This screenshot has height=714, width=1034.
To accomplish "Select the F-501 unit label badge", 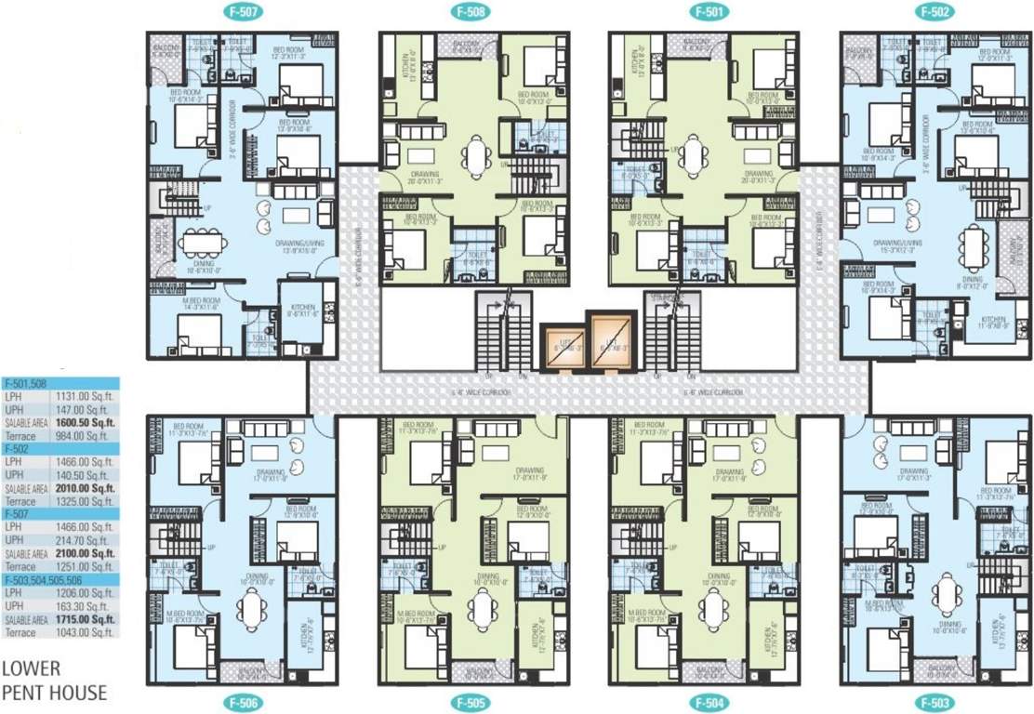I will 704,13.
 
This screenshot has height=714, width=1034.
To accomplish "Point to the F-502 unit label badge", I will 934,13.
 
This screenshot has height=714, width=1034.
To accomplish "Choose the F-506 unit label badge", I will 240,702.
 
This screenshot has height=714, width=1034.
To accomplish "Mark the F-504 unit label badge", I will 704,702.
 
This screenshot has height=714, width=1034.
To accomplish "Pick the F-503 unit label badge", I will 934,702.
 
